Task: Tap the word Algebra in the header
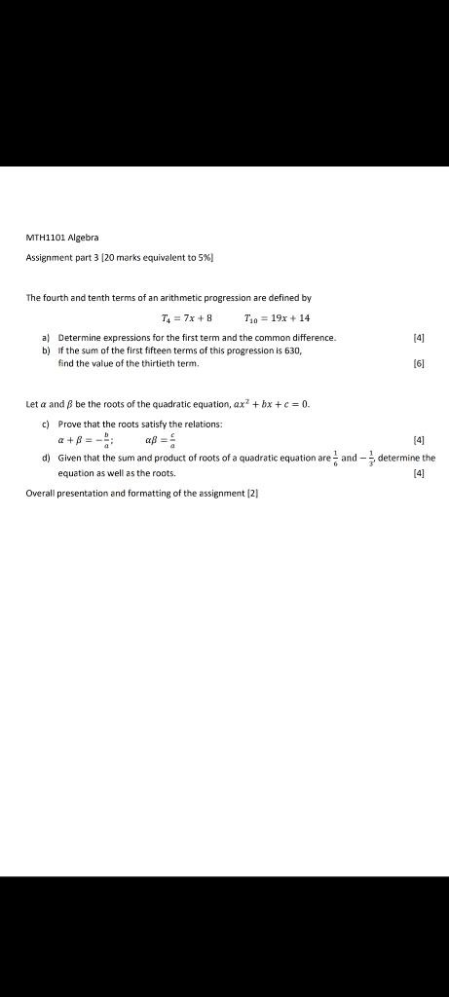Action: click(86, 238)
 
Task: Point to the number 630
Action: click(278, 349)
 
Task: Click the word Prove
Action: click(70, 425)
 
